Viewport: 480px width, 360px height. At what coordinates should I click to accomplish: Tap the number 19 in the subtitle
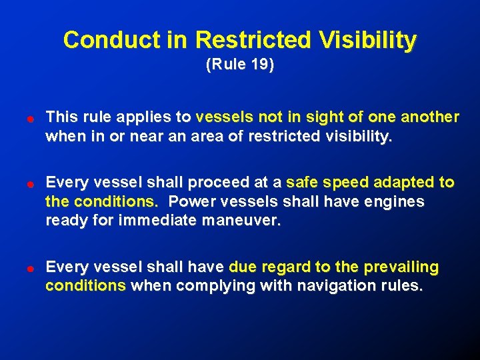pyautogui.click(x=258, y=65)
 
